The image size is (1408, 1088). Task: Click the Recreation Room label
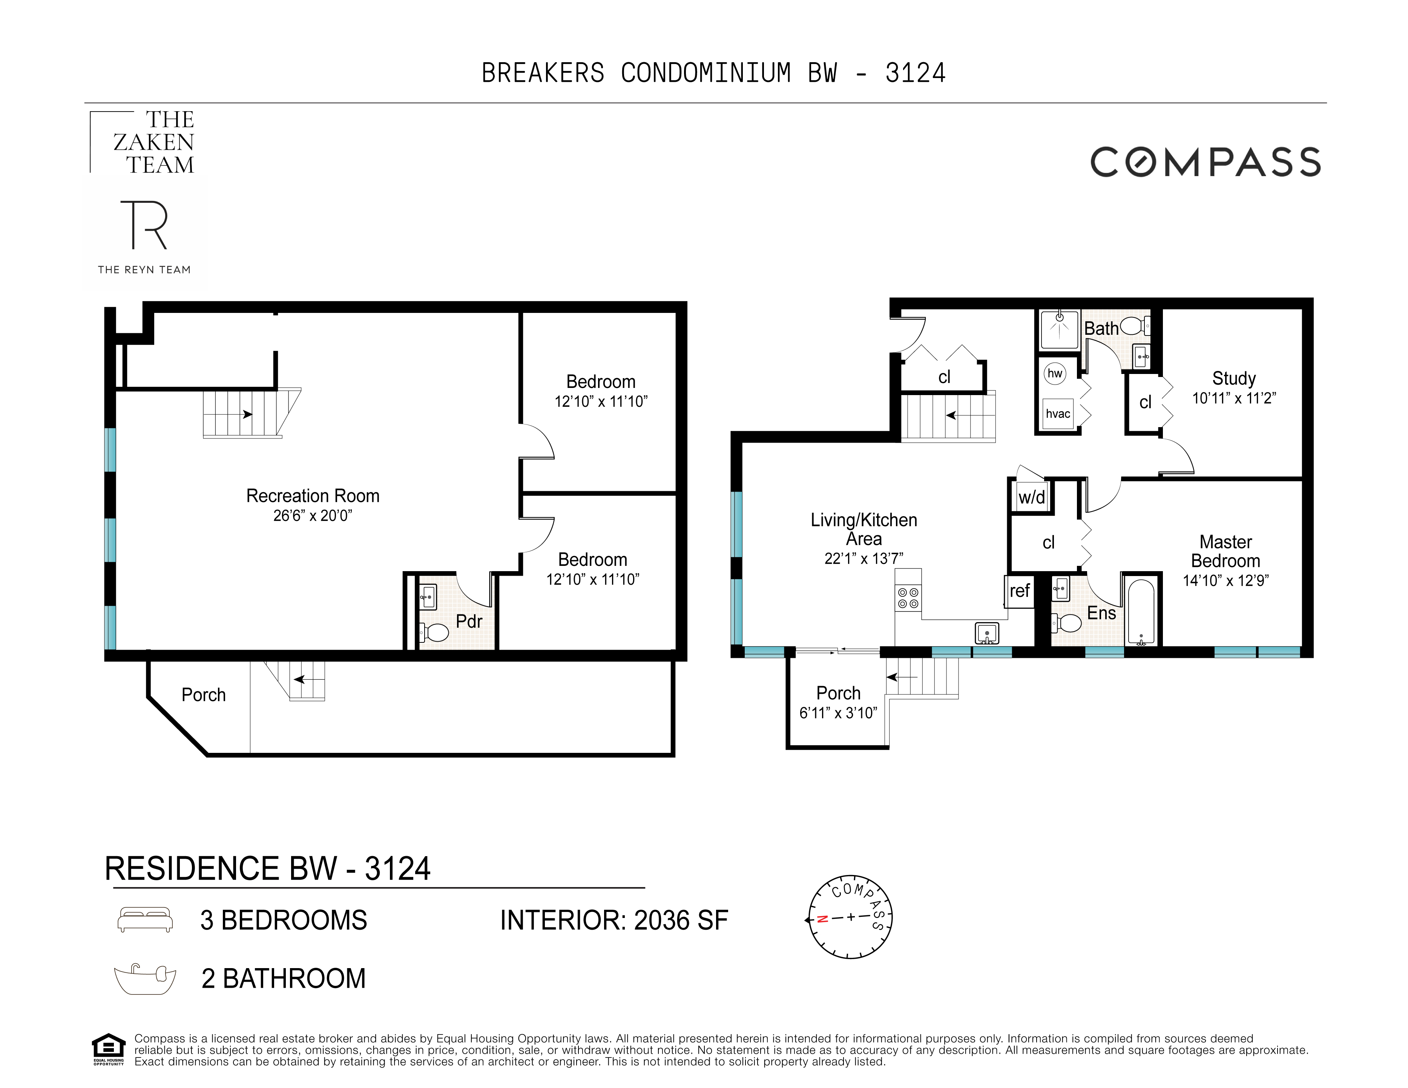click(x=313, y=496)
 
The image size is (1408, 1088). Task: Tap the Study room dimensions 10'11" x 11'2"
click(x=1233, y=398)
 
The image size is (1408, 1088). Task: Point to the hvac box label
click(x=1057, y=414)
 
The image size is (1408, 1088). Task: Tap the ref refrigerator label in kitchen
click(x=1019, y=590)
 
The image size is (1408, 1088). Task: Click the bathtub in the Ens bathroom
click(x=1141, y=611)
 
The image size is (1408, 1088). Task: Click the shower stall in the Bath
click(x=1059, y=329)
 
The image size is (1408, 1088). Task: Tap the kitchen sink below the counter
click(x=986, y=634)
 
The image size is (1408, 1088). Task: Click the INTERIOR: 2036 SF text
click(x=614, y=920)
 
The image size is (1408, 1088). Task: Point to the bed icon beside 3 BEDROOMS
click(x=145, y=920)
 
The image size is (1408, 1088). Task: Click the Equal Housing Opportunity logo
click(x=108, y=1049)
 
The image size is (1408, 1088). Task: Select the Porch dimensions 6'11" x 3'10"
click(x=838, y=713)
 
